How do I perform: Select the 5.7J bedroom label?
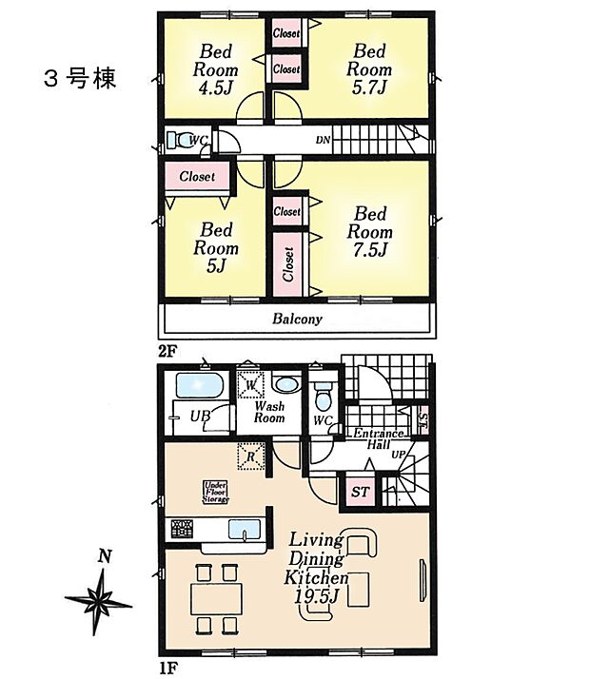pyautogui.click(x=368, y=68)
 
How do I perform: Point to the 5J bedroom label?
pyautogui.click(x=216, y=247)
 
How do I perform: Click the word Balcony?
pyautogui.click(x=297, y=320)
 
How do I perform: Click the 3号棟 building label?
pyautogui.click(x=81, y=79)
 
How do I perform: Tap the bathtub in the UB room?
pyautogui.click(x=199, y=387)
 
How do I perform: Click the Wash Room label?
pyautogui.click(x=269, y=412)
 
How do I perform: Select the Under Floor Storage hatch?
pyautogui.click(x=213, y=491)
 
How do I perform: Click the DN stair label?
pyautogui.click(x=324, y=142)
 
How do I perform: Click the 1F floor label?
pyautogui.click(x=167, y=669)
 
